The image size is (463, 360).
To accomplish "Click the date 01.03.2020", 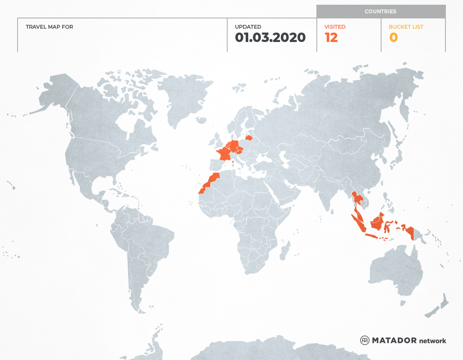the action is (x=270, y=38).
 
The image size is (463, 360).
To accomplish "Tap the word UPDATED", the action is (x=248, y=27).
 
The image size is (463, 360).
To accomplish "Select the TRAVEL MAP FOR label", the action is (x=49, y=27).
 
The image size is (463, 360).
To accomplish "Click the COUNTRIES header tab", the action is (x=381, y=12).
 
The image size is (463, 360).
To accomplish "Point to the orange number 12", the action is (x=331, y=38).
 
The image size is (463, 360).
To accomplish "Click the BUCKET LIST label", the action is (x=406, y=27).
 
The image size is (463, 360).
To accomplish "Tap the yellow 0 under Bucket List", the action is (x=394, y=38).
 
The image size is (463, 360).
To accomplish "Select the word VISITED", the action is (x=335, y=27).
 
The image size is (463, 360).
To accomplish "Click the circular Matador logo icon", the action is (x=364, y=340).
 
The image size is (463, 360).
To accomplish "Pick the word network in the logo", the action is (x=433, y=341).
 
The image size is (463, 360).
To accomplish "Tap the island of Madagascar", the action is (x=284, y=251).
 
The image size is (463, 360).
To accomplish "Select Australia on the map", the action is (x=394, y=270).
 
